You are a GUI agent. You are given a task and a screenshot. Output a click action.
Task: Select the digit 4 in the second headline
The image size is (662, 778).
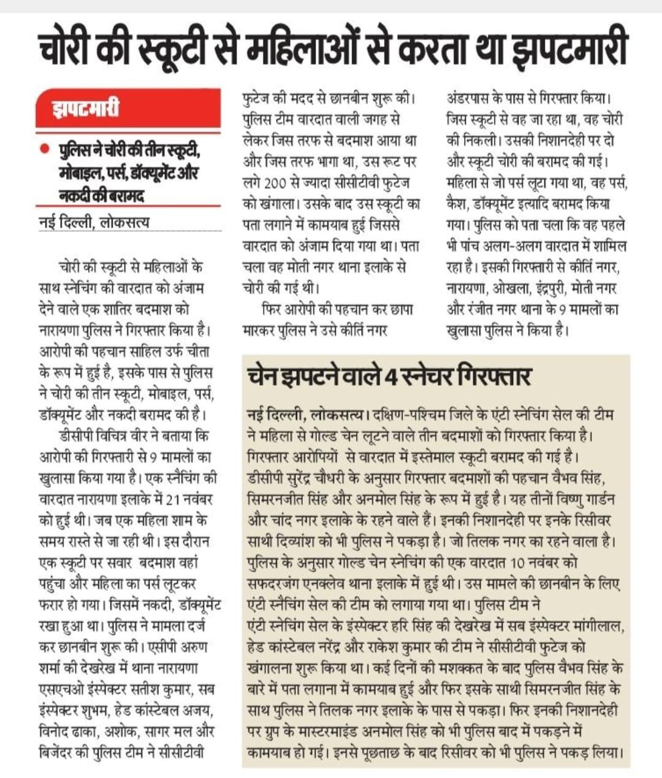tap(388, 376)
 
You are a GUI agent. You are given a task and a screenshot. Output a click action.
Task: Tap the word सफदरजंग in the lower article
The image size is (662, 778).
tap(271, 583)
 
